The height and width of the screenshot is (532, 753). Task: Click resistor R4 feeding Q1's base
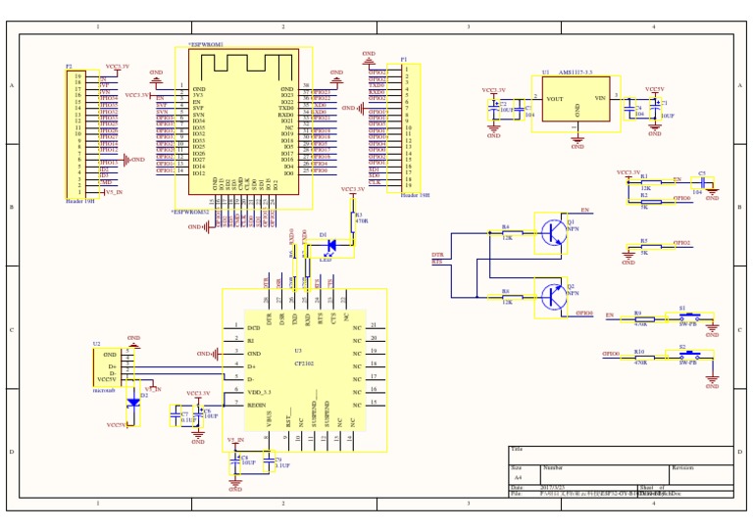507,232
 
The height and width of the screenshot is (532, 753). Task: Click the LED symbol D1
331,243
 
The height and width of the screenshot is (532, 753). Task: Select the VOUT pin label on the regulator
555,99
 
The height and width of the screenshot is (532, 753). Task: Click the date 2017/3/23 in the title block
553,487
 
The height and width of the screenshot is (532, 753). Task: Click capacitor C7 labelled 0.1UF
185,415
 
